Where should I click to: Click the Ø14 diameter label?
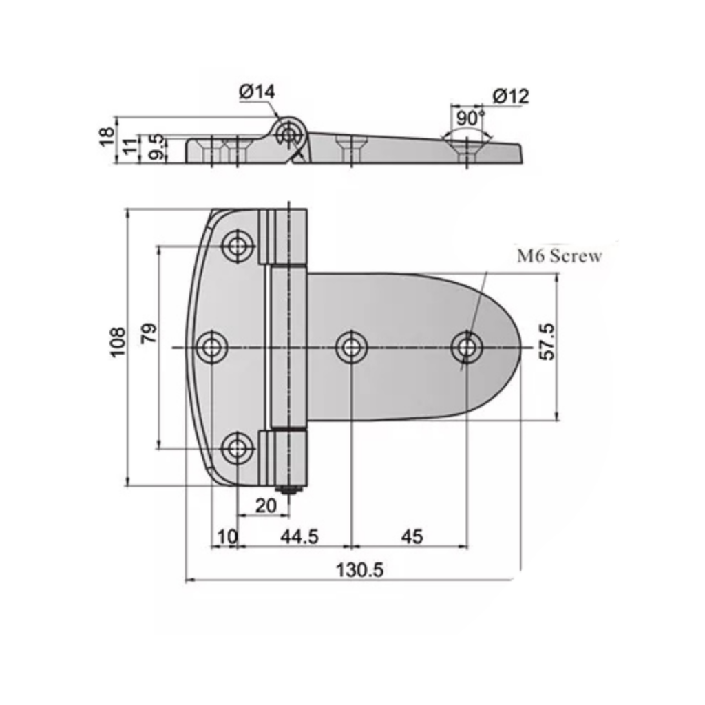tap(257, 92)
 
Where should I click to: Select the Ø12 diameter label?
tap(511, 96)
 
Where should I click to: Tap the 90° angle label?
tap(470, 118)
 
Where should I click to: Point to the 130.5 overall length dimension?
tap(359, 569)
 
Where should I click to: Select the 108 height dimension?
tap(118, 341)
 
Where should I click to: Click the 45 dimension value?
tap(412, 536)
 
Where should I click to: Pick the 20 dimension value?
tap(265, 505)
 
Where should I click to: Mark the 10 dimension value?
tap(227, 536)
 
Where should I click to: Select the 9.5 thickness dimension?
tap(156, 147)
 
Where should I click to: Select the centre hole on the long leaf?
tap(352, 347)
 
